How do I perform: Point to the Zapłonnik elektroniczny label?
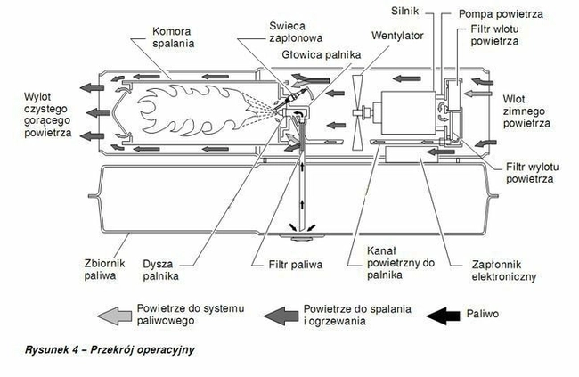pos(505,271)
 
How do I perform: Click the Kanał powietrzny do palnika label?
pos(400,265)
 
